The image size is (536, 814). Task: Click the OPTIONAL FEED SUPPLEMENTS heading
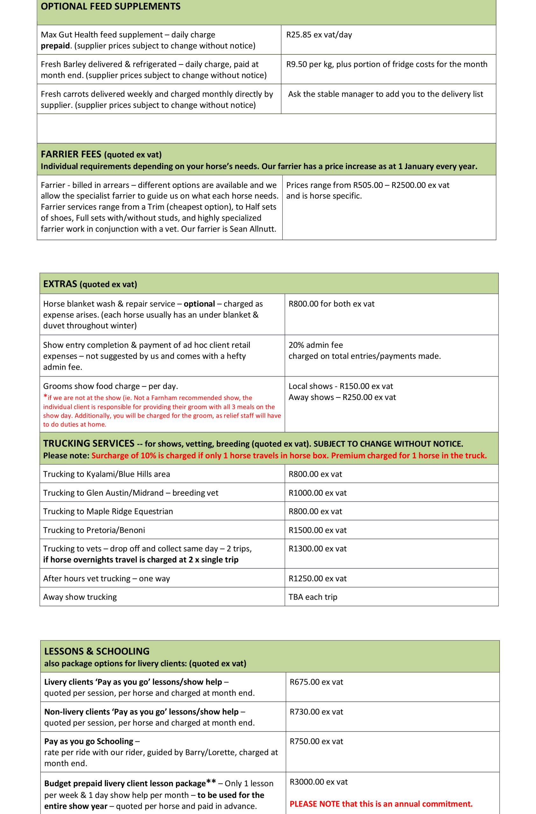[x=110, y=6]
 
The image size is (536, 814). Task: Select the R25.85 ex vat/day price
[x=319, y=35]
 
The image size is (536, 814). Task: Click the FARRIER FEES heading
[x=71, y=154]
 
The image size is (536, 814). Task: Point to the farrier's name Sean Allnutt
[x=252, y=229]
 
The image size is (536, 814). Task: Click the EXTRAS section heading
[x=60, y=284]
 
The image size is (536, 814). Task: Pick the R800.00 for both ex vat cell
[x=331, y=304]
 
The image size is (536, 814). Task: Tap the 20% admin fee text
[x=315, y=345]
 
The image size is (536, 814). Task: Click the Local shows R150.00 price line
[x=340, y=386]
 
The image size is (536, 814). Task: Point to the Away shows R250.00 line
[x=342, y=397]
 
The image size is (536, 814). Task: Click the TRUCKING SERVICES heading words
[x=89, y=443]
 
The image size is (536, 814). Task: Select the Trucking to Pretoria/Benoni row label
[x=94, y=530]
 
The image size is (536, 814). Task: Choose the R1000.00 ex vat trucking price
[x=317, y=493]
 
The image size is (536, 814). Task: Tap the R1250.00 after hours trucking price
[x=317, y=578]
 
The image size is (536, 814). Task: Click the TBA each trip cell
[x=313, y=597]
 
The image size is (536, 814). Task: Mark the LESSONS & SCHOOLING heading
[x=96, y=651]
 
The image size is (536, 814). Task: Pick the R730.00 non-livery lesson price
[x=316, y=712]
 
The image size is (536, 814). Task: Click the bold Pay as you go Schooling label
[x=89, y=741]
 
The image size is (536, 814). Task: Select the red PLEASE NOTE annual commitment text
[x=381, y=804]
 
